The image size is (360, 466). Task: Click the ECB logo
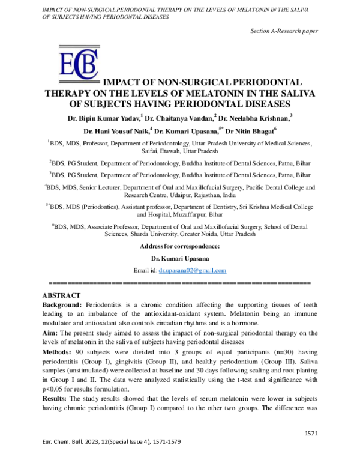point(76,65)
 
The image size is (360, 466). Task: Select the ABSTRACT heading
point(61,295)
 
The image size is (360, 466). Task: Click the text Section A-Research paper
point(284,31)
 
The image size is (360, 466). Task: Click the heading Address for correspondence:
point(179,247)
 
